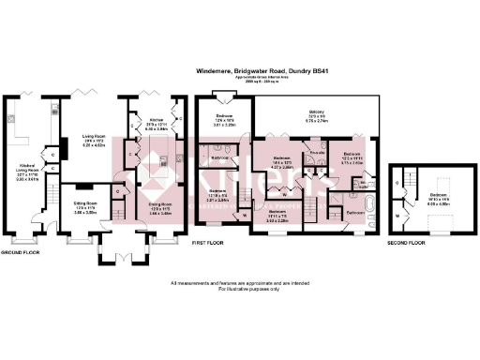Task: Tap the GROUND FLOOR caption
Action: pyautogui.click(x=20, y=253)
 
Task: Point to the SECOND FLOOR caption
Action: pyautogui.click(x=406, y=242)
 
